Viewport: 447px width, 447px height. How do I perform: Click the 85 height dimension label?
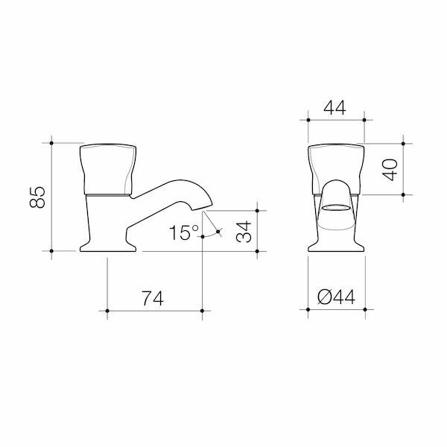(39, 197)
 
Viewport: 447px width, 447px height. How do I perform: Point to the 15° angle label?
(181, 232)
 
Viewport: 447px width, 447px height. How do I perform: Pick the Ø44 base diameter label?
(337, 299)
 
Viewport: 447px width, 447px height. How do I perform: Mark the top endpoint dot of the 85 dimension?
(51, 141)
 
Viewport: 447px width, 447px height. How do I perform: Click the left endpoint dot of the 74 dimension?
(108, 309)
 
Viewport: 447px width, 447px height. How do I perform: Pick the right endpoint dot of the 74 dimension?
(202, 309)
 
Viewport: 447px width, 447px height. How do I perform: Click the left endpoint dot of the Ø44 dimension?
(308, 309)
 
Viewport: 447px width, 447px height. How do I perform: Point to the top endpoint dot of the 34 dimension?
(257, 203)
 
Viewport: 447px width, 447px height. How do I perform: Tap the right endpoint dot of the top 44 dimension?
(364, 118)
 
